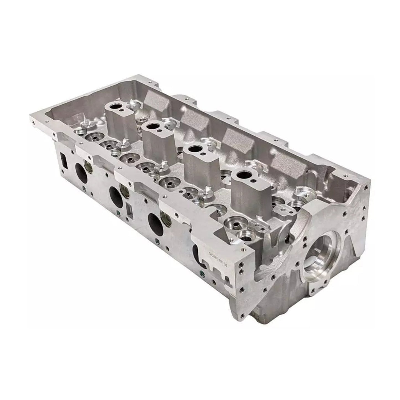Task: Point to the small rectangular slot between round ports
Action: click(x=129, y=207)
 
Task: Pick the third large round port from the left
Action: click(x=154, y=221)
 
